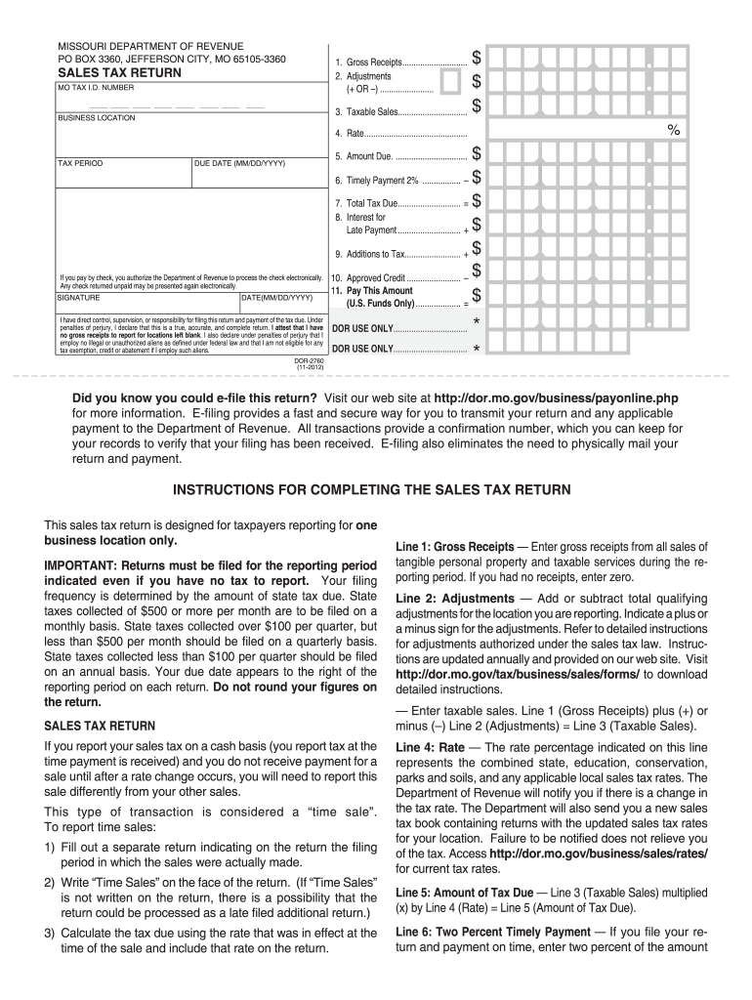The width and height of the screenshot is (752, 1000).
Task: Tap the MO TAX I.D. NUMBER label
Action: [x=95, y=88]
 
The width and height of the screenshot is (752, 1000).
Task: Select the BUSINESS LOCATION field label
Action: [x=97, y=118]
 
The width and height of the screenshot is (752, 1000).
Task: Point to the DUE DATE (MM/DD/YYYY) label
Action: [x=240, y=163]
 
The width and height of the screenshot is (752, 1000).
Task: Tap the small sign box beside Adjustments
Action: [x=450, y=81]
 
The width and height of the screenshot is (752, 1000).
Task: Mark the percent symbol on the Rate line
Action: [x=673, y=130]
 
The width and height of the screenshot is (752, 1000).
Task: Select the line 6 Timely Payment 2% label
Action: [x=391, y=180]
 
